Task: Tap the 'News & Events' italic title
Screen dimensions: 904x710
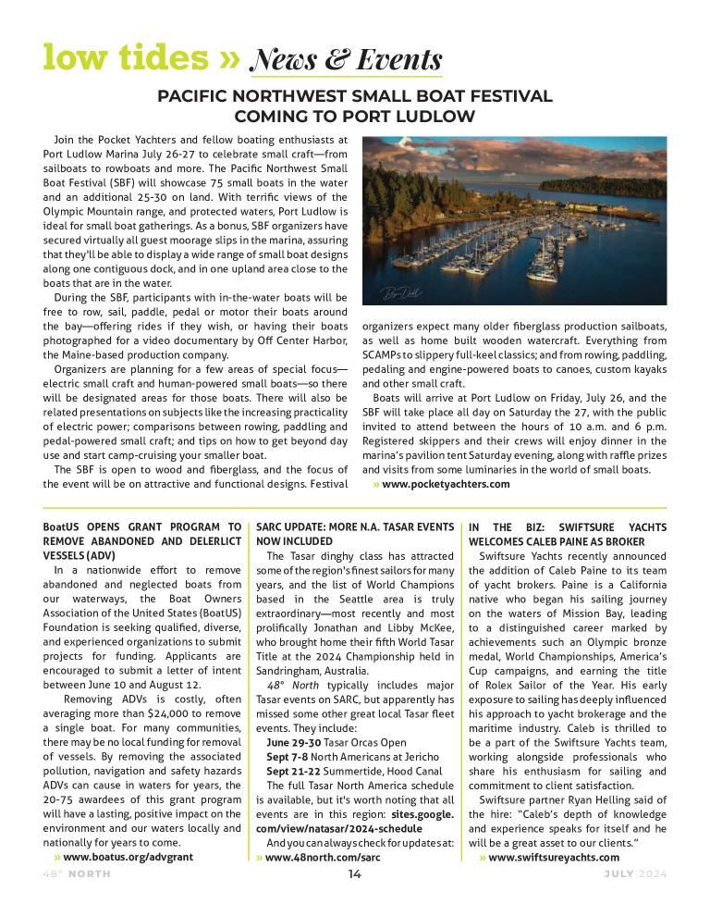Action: pyautogui.click(x=346, y=60)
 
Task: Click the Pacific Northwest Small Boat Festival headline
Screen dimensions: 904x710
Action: pyautogui.click(x=355, y=106)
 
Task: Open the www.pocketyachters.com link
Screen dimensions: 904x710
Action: pyautogui.click(x=446, y=484)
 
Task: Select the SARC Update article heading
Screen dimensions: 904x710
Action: pyautogui.click(x=355, y=534)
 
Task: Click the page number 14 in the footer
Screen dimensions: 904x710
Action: pyautogui.click(x=355, y=874)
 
